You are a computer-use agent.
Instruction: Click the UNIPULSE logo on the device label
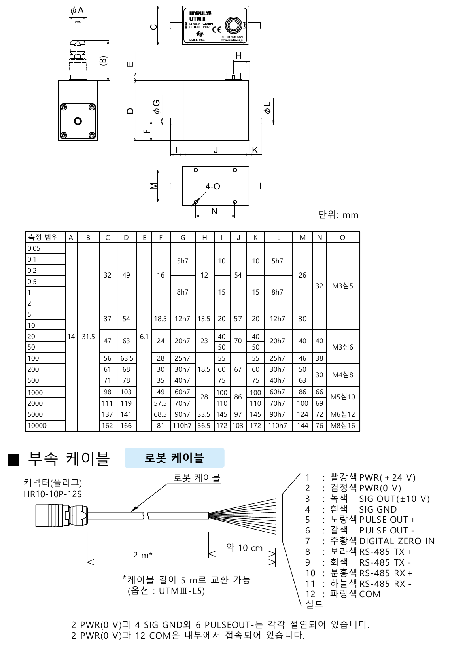point(200,13)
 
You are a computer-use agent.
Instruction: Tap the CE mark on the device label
point(217,30)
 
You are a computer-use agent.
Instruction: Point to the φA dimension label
point(77,11)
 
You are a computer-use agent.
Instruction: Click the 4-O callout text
point(213,186)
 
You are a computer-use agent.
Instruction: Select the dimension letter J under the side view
point(216,150)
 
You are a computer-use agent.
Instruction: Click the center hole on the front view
point(78,121)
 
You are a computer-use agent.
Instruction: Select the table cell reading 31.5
point(88,337)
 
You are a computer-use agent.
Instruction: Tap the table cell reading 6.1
point(144,337)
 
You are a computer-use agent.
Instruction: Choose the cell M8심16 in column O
point(342,426)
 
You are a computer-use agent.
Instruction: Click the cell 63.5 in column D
point(127,358)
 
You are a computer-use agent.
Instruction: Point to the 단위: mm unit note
point(338,215)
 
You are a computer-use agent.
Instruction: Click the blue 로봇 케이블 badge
point(174,458)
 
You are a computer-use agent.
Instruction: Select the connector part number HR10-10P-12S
point(53,494)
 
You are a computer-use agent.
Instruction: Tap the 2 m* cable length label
point(143,555)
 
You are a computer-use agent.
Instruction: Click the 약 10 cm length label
point(244,548)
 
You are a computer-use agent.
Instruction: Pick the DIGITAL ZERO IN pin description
point(397,541)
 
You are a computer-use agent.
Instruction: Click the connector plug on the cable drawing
point(59,515)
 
